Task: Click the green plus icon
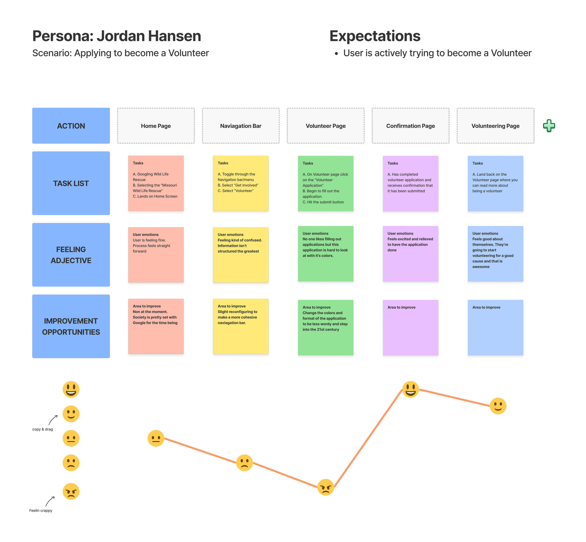549,126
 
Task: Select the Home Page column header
156,126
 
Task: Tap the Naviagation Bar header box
241,126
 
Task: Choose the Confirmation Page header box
410,126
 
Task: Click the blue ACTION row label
71,126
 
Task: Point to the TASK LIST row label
71,183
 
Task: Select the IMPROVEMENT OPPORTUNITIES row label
71,326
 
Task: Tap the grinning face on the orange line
410,389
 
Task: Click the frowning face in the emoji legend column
71,463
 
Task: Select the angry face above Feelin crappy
71,491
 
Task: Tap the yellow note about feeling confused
241,254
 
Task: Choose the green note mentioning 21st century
325,327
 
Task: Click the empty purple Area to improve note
410,327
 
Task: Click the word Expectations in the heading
375,36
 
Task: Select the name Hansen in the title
174,36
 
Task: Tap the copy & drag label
42,429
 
